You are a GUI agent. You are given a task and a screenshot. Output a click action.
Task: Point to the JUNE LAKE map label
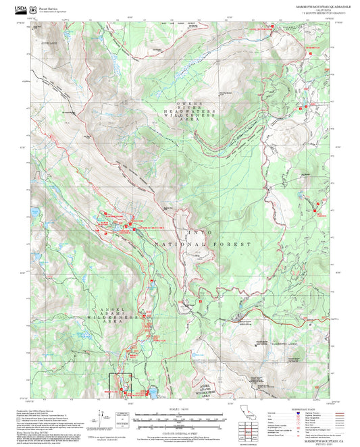click(x=49, y=43)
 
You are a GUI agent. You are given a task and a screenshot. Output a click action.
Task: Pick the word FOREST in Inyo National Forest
click(x=236, y=243)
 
